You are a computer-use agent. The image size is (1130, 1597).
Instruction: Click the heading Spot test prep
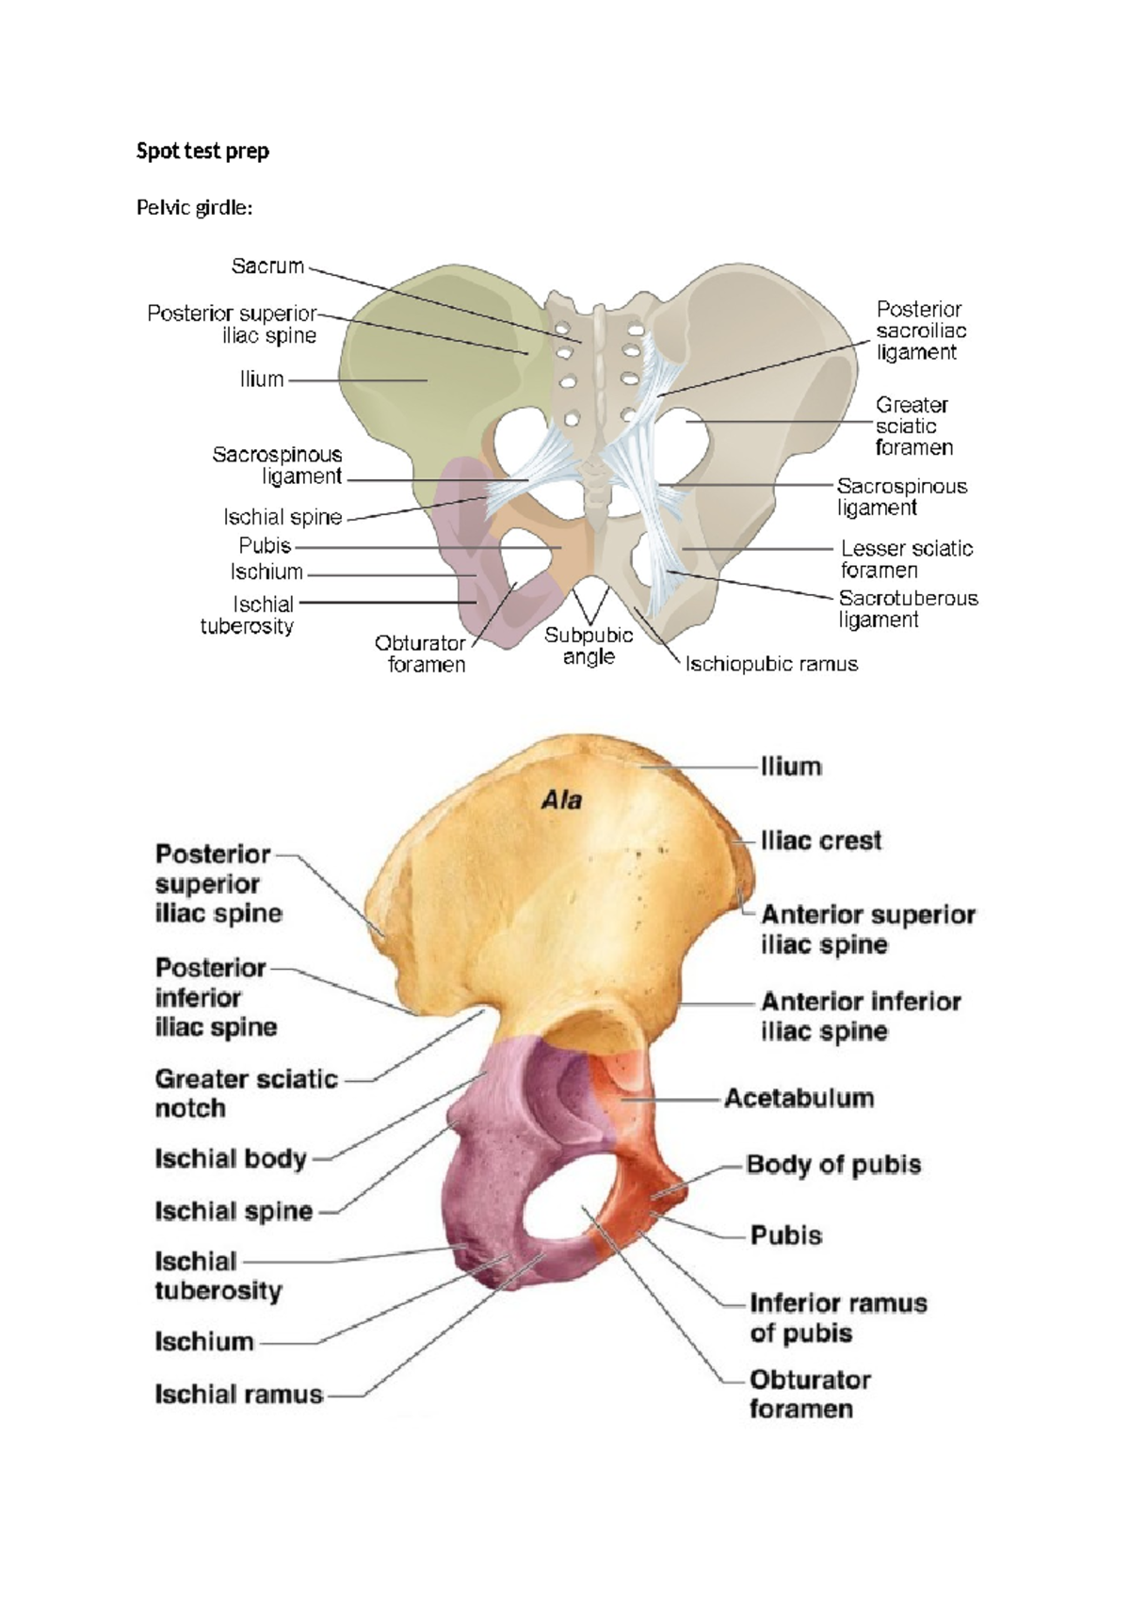point(202,152)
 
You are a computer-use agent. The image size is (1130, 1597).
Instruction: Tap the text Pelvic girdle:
point(195,207)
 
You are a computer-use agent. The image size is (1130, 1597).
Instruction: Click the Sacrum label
point(267,266)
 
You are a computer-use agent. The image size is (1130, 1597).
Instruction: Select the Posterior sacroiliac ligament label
point(921,331)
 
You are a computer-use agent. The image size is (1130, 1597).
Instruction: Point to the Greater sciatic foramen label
point(914,427)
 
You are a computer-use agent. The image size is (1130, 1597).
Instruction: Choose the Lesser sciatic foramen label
point(907,559)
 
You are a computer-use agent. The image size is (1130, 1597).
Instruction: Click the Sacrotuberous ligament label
point(909,609)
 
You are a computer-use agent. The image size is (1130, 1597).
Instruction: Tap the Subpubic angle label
point(589,646)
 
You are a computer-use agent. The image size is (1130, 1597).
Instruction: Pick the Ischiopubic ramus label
point(771,665)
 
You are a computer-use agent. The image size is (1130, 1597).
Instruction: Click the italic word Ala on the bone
point(562,800)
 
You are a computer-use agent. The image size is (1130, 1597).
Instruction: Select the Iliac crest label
point(821,841)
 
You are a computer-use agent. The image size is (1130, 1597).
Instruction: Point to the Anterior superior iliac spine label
point(868,929)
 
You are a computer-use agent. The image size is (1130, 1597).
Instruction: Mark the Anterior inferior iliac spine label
point(862,1017)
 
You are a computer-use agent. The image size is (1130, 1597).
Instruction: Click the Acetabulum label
point(799,1098)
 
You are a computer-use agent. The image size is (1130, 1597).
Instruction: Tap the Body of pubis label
point(833,1165)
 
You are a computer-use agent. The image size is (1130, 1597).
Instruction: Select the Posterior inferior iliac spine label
point(216,997)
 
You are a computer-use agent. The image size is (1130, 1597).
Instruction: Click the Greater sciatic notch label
point(246,1093)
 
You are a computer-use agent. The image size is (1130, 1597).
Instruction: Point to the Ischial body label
point(231,1159)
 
